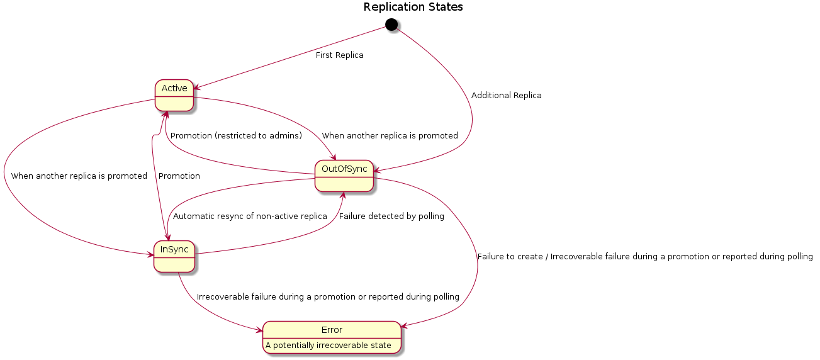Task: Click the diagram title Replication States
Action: click(x=413, y=8)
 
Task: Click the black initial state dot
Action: click(x=391, y=25)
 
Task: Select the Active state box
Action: click(x=174, y=95)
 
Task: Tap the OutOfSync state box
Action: click(x=344, y=176)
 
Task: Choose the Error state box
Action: click(x=332, y=337)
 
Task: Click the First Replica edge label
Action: click(x=339, y=55)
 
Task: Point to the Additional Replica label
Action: click(x=506, y=96)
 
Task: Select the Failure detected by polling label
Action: click(x=391, y=217)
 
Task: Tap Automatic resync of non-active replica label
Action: click(x=250, y=217)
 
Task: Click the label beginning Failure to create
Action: click(x=644, y=257)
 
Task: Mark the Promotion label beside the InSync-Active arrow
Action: click(x=179, y=176)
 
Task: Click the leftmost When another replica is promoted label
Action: click(x=79, y=176)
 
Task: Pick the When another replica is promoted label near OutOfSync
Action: click(x=390, y=136)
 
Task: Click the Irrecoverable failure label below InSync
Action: click(x=328, y=297)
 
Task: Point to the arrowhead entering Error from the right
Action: click(x=405, y=325)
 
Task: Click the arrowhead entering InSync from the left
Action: click(x=150, y=254)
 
